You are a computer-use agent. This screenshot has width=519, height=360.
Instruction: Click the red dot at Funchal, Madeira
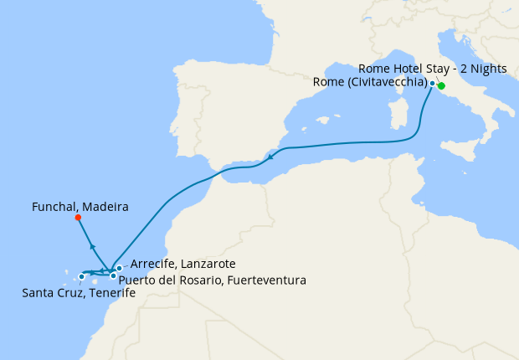(x=78, y=218)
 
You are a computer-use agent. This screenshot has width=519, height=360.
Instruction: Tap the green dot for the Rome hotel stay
(x=441, y=85)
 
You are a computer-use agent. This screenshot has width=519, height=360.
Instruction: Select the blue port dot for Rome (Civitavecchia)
(x=432, y=83)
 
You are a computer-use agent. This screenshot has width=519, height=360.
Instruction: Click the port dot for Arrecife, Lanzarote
(x=120, y=268)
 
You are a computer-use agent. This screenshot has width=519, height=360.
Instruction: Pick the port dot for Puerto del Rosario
(x=113, y=275)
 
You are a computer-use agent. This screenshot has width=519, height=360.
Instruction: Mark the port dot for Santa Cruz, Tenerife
(x=81, y=276)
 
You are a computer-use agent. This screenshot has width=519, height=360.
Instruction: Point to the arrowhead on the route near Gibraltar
(x=271, y=156)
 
